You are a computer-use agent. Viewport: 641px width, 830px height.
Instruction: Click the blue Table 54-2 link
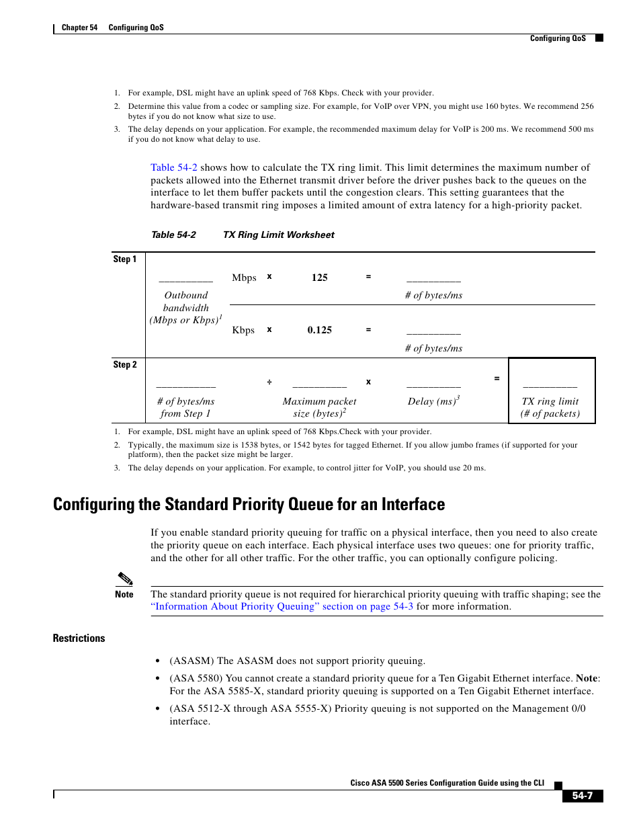[x=173, y=167]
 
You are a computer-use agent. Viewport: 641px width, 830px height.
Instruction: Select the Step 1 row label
[x=124, y=259]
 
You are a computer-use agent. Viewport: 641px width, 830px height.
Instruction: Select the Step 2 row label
[x=124, y=365]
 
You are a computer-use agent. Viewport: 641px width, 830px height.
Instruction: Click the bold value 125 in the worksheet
[x=319, y=278]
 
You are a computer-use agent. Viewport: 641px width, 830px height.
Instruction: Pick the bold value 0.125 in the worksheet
[x=319, y=330]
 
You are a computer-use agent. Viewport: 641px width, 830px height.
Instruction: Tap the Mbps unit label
[x=244, y=278]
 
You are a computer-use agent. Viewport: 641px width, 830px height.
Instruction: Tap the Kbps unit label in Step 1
[x=243, y=330]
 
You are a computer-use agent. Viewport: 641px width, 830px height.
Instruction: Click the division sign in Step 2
[x=269, y=382]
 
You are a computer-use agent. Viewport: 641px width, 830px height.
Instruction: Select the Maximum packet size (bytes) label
[x=319, y=407]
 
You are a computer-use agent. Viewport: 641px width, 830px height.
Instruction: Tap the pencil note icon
[x=125, y=579]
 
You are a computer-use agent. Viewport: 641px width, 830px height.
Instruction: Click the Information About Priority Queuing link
[x=282, y=606]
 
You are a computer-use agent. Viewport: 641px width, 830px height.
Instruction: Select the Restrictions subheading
[x=79, y=638]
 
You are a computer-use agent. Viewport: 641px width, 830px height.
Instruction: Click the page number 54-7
[x=582, y=796]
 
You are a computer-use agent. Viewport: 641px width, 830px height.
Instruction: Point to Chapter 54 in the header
[x=79, y=28]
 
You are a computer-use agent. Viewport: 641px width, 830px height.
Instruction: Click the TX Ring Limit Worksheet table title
[x=278, y=235]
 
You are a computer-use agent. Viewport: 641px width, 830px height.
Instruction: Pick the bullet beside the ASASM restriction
[x=157, y=661]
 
